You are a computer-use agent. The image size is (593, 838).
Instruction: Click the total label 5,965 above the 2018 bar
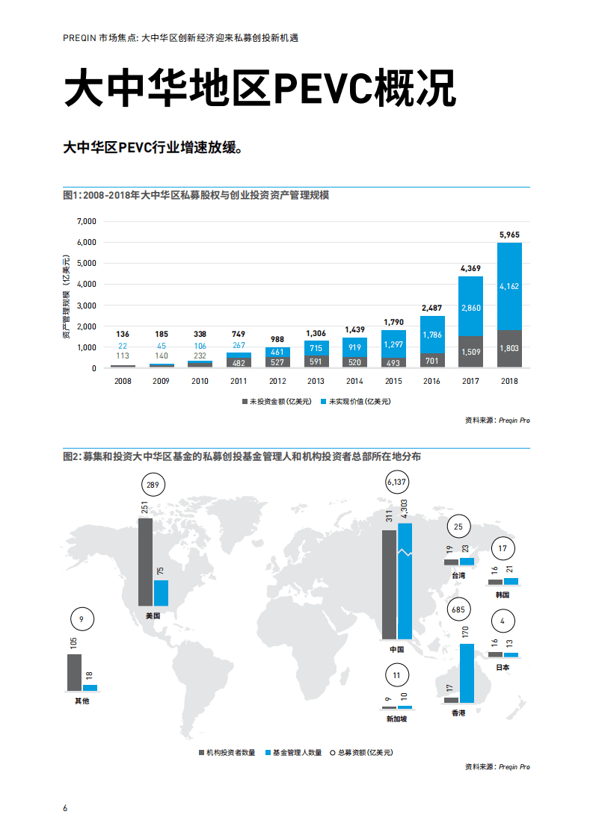point(508,235)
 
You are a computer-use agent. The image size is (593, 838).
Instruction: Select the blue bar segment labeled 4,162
point(508,285)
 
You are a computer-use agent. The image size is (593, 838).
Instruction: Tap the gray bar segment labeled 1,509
point(470,352)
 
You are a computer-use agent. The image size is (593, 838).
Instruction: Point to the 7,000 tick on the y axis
point(87,222)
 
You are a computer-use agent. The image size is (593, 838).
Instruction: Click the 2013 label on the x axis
point(316,381)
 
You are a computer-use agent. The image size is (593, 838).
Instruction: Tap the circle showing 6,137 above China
point(398,483)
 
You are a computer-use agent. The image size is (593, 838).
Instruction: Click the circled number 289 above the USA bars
point(153,485)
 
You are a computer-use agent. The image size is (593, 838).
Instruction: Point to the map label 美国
point(153,616)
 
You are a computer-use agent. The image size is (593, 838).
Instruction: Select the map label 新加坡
point(397,718)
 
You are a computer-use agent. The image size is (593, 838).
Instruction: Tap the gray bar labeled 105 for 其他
point(74,672)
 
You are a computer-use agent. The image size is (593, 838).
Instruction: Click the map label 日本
point(503,668)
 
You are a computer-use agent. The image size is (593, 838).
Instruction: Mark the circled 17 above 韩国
point(503,548)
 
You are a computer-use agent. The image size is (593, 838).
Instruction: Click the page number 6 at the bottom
point(65,809)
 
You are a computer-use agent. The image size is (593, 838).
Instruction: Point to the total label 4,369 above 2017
point(470,268)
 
